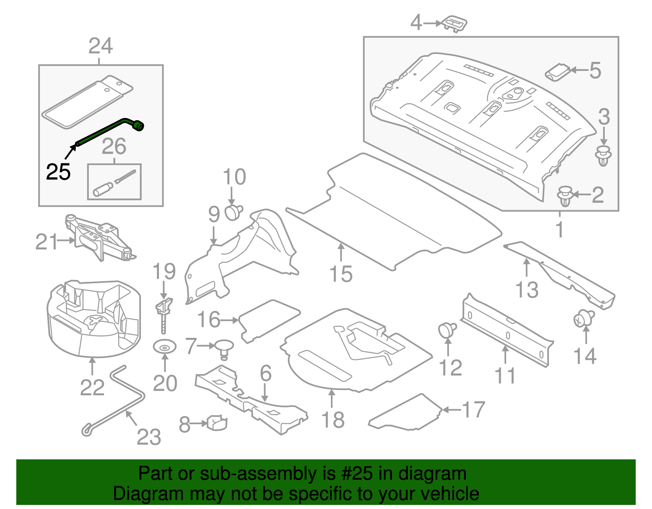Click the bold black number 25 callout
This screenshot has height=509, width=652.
(58, 172)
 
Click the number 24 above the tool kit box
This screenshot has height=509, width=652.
(100, 46)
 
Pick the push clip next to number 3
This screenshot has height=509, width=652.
(604, 155)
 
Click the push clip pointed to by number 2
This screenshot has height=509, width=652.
(565, 196)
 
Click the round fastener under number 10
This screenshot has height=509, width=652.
(233, 212)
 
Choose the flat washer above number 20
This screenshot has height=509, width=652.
(164, 348)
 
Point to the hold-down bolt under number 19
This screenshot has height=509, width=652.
(164, 314)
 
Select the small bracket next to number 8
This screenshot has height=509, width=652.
(217, 422)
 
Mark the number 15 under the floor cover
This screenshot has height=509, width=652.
(341, 274)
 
